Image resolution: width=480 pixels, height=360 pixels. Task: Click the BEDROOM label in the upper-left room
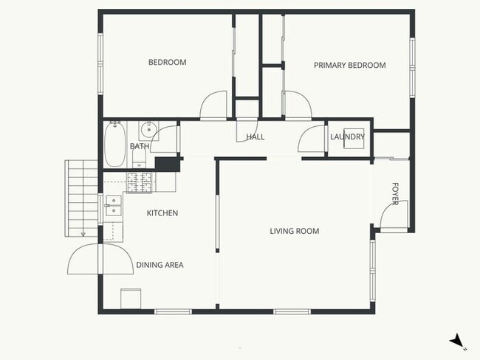(x=167, y=63)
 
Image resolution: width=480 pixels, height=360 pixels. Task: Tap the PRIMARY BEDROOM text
(x=349, y=66)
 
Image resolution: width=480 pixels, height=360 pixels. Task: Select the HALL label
(x=255, y=137)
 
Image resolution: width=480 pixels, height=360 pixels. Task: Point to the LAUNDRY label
(x=347, y=137)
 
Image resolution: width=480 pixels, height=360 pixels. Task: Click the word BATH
(x=139, y=147)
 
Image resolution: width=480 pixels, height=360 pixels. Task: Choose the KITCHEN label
(x=162, y=213)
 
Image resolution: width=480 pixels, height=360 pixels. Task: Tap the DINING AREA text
(x=160, y=265)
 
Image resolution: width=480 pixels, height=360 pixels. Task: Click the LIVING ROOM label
(x=294, y=232)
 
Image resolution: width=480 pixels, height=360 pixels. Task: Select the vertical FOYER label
(x=395, y=194)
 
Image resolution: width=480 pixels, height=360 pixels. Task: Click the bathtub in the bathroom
(x=114, y=145)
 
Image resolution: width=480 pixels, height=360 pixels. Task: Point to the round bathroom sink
(x=149, y=130)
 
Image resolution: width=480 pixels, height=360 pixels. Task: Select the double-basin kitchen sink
(x=112, y=205)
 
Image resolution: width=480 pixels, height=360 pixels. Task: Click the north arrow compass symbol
(x=458, y=341)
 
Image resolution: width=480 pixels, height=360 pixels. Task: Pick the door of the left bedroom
(x=214, y=104)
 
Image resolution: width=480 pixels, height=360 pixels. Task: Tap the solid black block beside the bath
(x=168, y=165)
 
